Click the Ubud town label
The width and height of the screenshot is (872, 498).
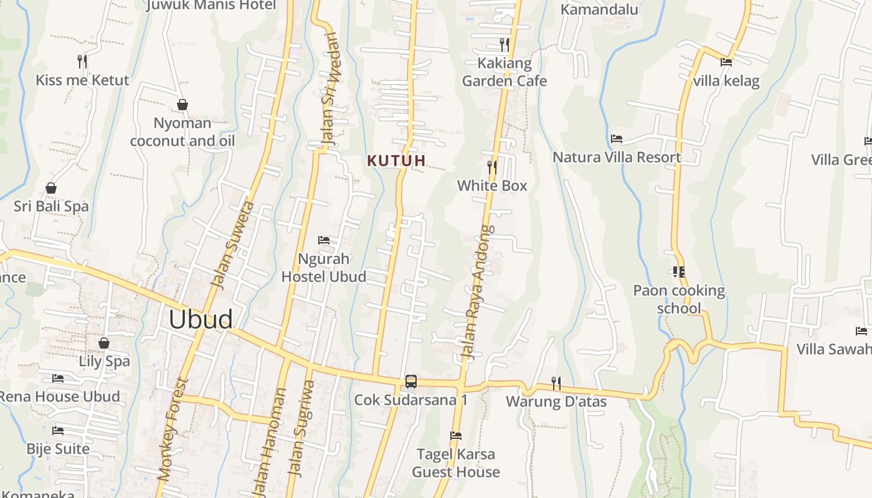[201, 319]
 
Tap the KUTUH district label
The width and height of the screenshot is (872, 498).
[396, 161]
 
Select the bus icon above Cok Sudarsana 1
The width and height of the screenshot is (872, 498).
[411, 382]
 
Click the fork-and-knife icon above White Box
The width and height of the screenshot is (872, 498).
[492, 167]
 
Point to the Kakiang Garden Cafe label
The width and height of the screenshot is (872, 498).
[505, 72]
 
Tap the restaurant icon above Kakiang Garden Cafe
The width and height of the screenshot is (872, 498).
[505, 44]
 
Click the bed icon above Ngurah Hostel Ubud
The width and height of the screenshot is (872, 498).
[324, 240]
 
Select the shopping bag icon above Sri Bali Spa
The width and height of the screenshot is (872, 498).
[51, 188]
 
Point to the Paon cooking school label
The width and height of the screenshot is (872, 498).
[679, 299]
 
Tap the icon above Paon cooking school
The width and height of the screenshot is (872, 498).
[678, 272]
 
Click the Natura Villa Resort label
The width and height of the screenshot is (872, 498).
[617, 157]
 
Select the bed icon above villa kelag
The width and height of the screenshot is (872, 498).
[726, 62]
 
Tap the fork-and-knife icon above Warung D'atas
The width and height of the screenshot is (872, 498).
[556, 383]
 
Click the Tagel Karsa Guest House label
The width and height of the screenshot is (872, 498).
[456, 463]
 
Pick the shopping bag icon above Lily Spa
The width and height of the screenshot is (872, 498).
[104, 343]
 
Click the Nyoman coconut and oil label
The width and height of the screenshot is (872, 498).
[182, 132]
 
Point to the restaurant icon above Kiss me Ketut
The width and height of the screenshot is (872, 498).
[82, 61]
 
